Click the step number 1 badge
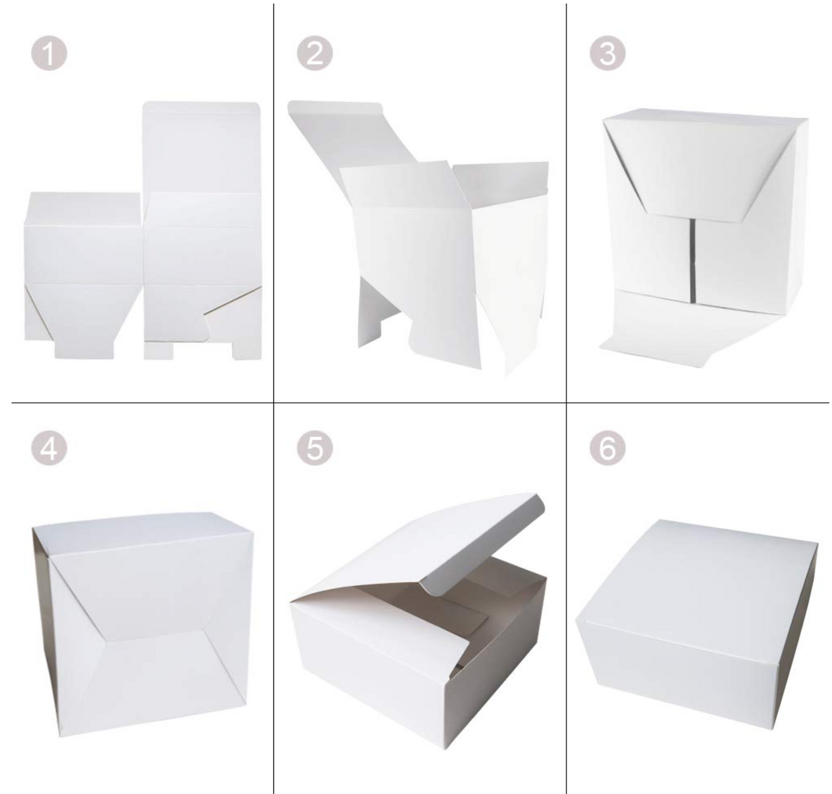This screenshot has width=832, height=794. coord(49,54)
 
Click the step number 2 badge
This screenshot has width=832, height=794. coord(314,54)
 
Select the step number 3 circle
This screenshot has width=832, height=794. coord(607,54)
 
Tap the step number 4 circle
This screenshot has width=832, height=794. coord(49,448)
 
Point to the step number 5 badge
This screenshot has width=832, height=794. coord(314,448)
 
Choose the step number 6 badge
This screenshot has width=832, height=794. coord(607,448)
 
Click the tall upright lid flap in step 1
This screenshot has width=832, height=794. coord(201,147)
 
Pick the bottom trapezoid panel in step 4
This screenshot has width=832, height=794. coord(155,679)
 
